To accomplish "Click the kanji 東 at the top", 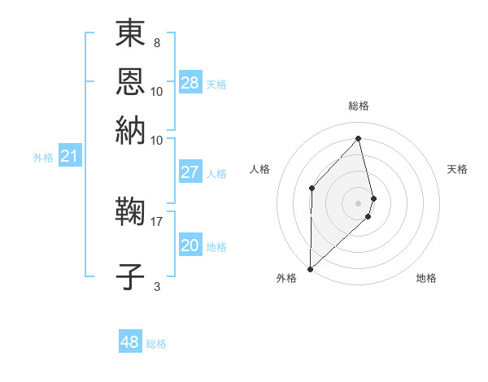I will tap(131, 33).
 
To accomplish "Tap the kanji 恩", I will tap(131, 82).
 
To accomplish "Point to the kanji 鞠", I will tap(131, 213).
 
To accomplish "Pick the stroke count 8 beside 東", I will tap(156, 42).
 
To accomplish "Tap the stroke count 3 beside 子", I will tap(156, 285).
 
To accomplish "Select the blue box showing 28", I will tap(190, 83).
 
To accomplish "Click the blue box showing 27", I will tap(190, 172).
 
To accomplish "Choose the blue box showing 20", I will tap(190, 245).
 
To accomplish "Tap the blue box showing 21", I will tap(69, 156).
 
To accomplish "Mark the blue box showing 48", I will tap(130, 342).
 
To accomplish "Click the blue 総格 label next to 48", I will tap(156, 344).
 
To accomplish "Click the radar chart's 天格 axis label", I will tap(457, 169).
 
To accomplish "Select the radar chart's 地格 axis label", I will tap(426, 278).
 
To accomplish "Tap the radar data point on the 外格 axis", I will tap(310, 268).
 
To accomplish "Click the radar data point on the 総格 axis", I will tap(359, 139).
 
